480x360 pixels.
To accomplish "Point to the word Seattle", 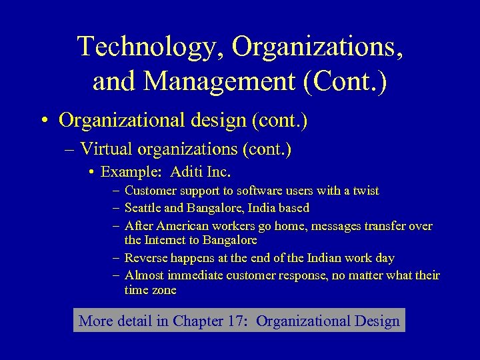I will coord(143,207).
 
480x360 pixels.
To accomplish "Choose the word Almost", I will coord(143,275).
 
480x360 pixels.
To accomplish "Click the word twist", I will coord(365,191).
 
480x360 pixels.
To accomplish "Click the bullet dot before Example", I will coord(90,173).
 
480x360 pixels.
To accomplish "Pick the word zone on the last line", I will coord(165,290).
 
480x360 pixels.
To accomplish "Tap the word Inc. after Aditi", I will coord(219,172).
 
